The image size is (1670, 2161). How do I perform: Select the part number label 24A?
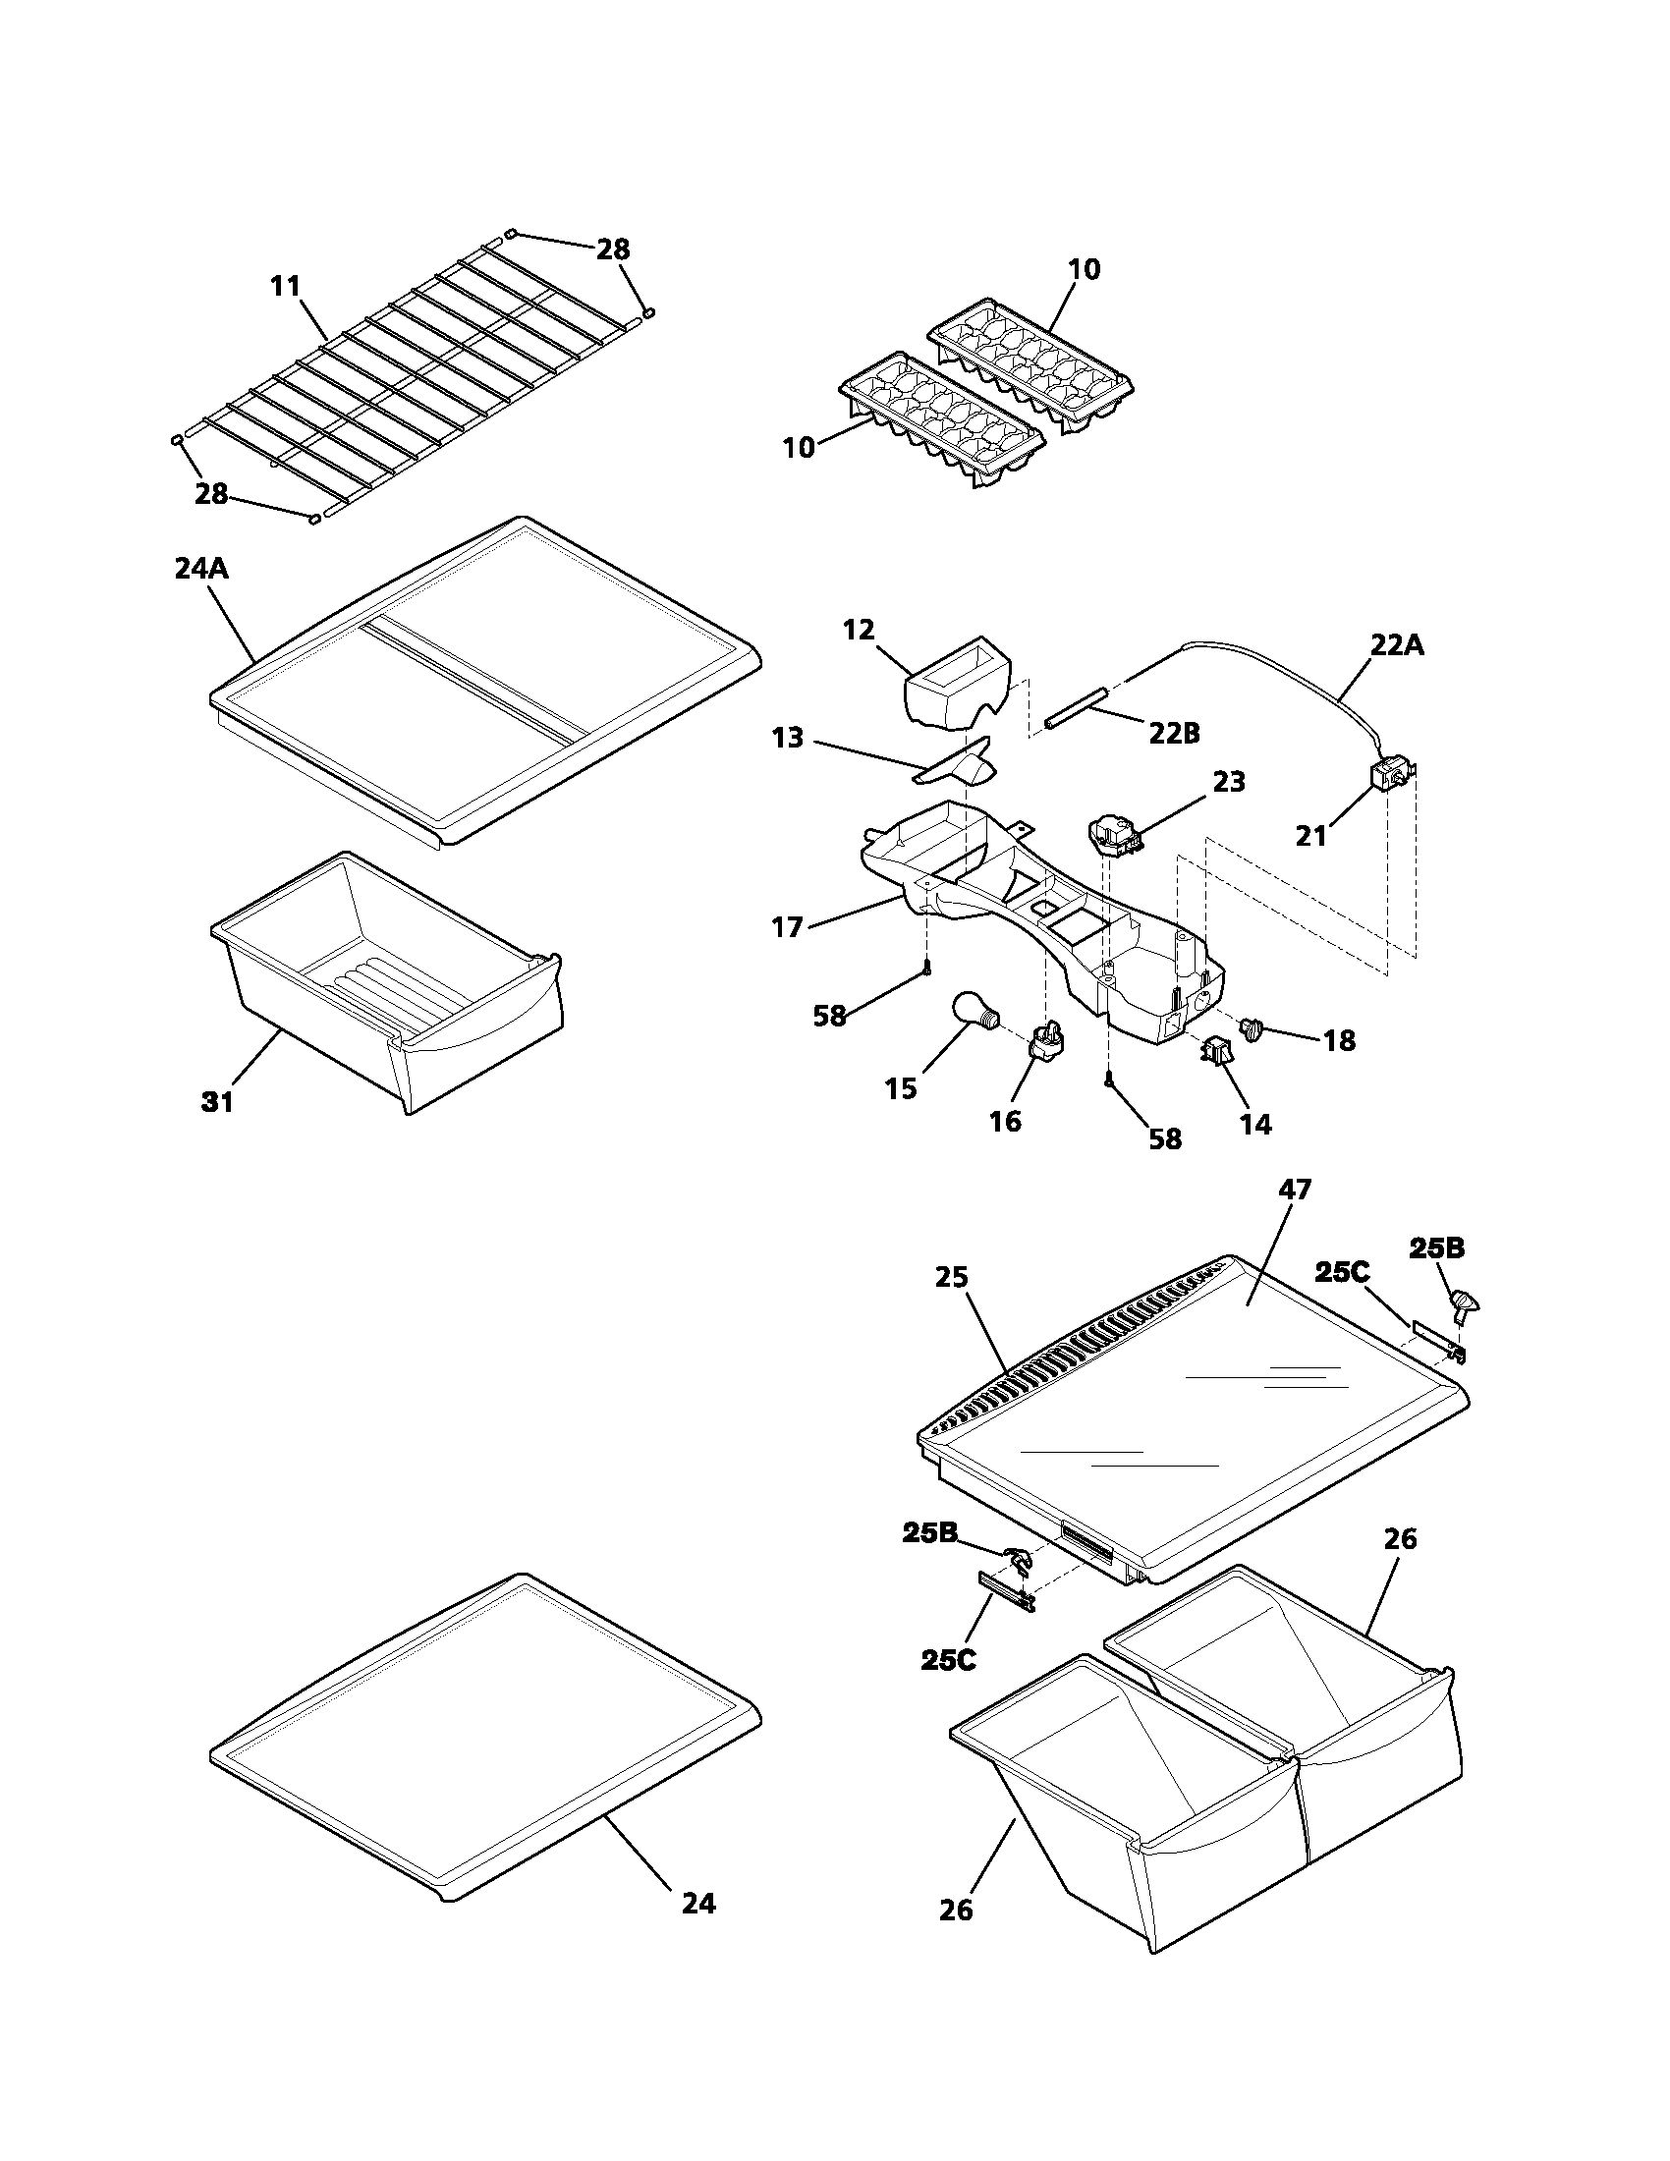(x=201, y=569)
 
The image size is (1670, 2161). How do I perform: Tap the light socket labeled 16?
(x=1050, y=1042)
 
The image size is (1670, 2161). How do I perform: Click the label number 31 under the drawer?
(x=218, y=1101)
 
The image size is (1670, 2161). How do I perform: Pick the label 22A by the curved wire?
(x=1398, y=645)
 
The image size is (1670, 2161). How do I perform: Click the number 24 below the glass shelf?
(x=698, y=1903)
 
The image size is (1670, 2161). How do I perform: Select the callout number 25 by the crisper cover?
(x=953, y=1277)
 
